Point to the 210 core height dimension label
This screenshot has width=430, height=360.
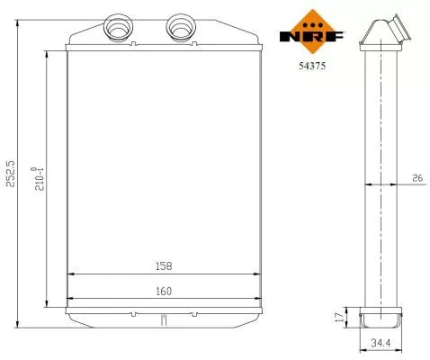point(37,177)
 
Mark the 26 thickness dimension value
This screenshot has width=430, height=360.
point(417,179)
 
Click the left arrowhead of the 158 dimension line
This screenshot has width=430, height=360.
point(73,274)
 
